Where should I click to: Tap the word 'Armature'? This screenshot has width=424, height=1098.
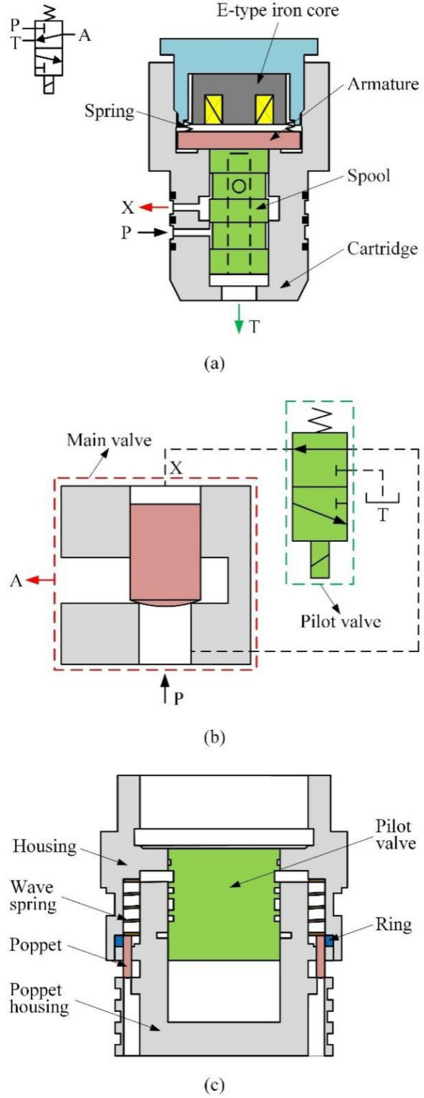pyautogui.click(x=382, y=84)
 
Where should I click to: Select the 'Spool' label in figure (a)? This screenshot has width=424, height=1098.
pyautogui.click(x=368, y=176)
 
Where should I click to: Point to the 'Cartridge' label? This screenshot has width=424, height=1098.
pyautogui.click(x=381, y=249)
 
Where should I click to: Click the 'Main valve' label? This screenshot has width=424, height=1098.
pyautogui.click(x=109, y=440)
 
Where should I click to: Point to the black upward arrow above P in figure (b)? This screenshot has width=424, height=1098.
pyautogui.click(x=165, y=688)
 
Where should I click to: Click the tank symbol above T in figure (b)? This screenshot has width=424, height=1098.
pyautogui.click(x=381, y=497)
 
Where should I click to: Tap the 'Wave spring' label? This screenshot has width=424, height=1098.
pyautogui.click(x=32, y=895)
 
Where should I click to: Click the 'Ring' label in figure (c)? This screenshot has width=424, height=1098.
pyautogui.click(x=393, y=925)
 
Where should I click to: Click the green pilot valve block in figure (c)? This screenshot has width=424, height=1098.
pyautogui.click(x=223, y=903)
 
